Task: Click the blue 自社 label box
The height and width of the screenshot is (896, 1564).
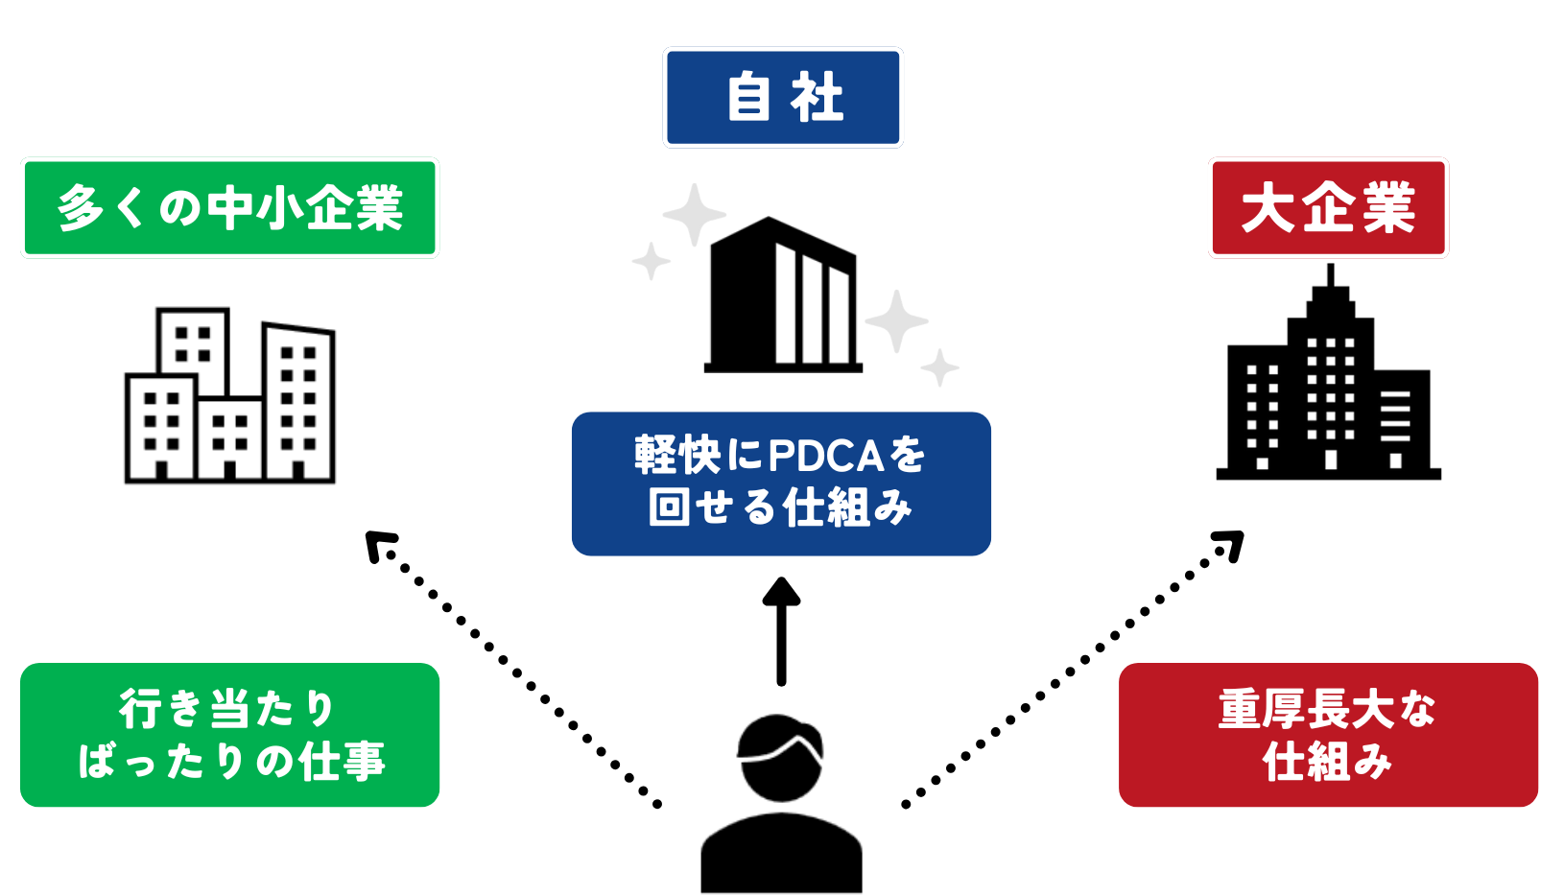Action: pos(782,98)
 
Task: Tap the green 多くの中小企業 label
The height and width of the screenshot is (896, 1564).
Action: pos(229,208)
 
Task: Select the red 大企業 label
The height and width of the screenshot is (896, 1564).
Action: pos(1328,208)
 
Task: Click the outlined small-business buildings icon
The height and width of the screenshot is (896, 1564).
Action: pos(230,395)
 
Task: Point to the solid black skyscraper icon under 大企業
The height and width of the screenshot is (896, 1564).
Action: pos(1328,384)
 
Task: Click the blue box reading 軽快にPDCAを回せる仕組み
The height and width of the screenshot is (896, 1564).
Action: pos(781,483)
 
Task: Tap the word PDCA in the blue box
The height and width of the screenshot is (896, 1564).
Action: pos(826,456)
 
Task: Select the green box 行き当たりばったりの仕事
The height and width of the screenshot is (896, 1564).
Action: pos(229,735)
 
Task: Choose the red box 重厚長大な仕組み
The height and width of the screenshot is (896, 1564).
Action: pos(1328,735)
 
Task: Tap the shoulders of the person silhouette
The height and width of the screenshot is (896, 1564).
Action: pos(781,854)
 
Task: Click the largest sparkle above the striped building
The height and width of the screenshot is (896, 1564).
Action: pos(694,214)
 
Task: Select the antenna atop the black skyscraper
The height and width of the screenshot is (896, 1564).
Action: pos(1330,276)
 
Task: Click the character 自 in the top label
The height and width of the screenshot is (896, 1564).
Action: pos(748,98)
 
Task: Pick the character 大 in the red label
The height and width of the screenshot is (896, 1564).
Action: pos(1268,208)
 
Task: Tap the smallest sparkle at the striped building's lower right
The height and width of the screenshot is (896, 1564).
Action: pos(940,367)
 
